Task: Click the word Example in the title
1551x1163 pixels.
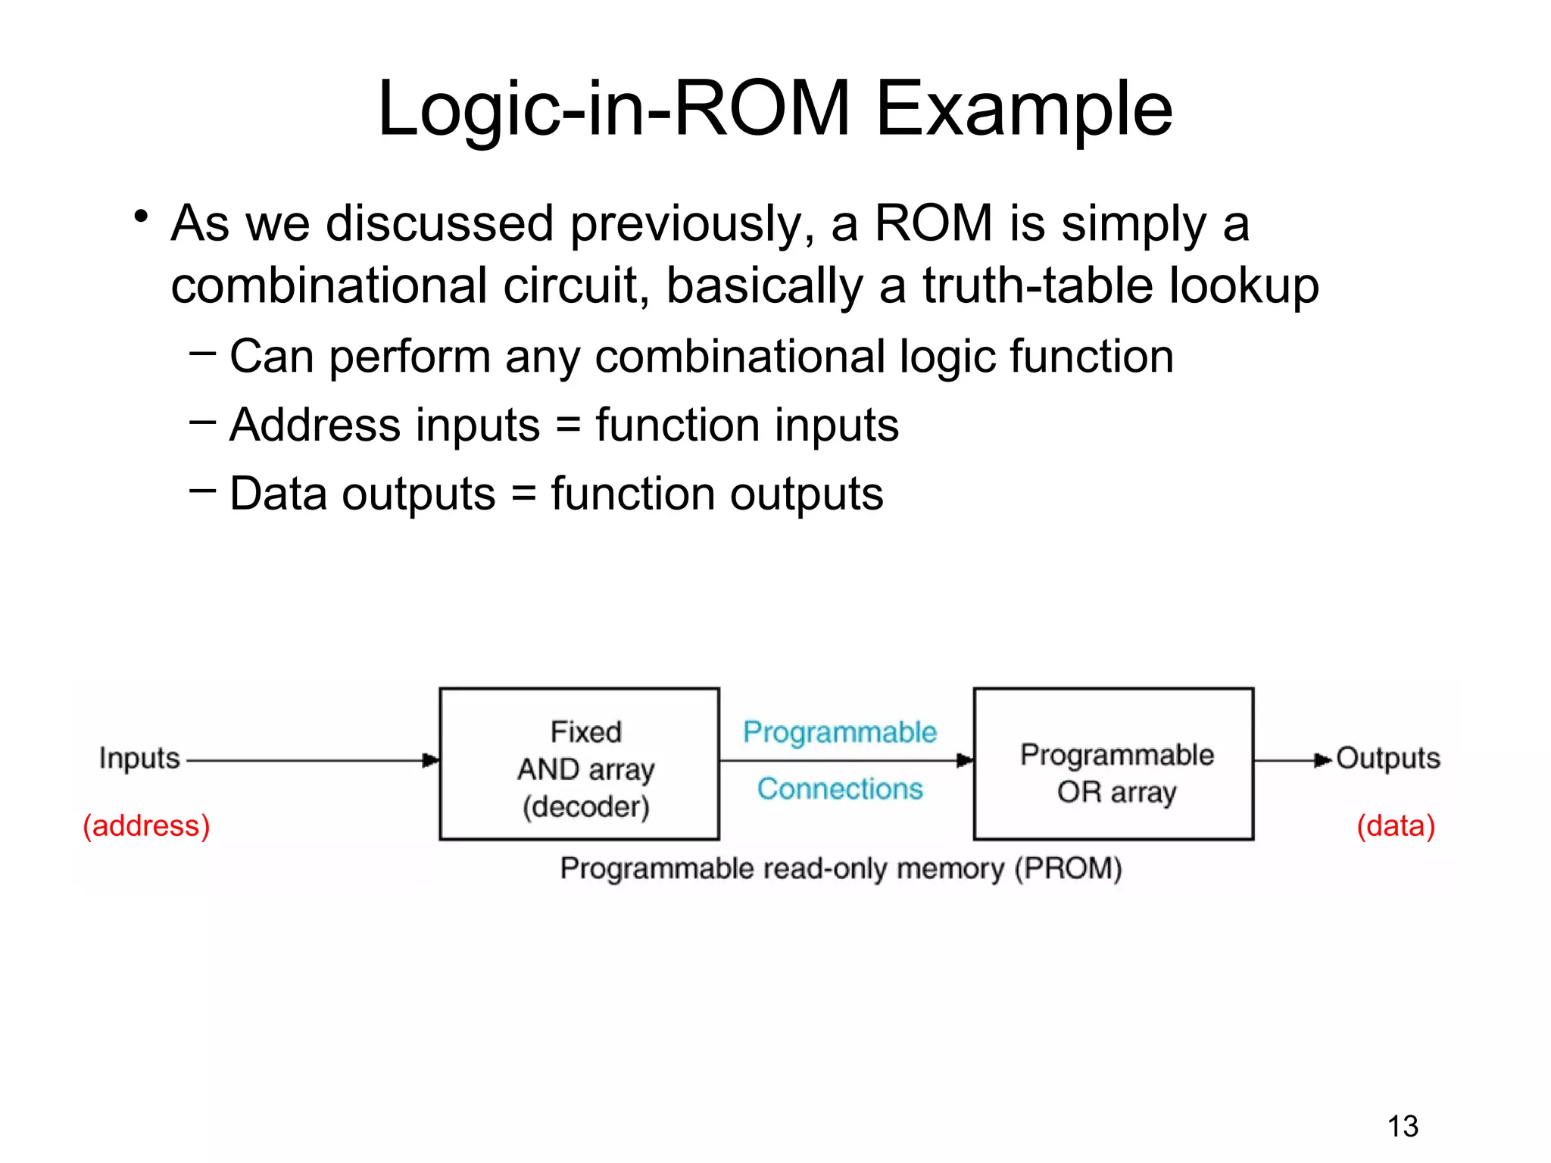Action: (x=1024, y=110)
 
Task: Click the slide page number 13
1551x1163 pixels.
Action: (x=1403, y=1126)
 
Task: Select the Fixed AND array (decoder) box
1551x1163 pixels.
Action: (x=579, y=763)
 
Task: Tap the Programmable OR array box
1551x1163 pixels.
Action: (x=1113, y=763)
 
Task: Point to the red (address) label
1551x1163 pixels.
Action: (x=146, y=825)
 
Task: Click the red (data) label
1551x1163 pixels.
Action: (x=1396, y=825)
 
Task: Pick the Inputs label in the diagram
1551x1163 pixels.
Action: (x=139, y=758)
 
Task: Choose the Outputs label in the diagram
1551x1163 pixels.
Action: (x=1388, y=758)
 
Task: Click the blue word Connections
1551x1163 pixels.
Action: (x=840, y=789)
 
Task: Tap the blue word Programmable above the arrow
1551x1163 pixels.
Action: (x=840, y=732)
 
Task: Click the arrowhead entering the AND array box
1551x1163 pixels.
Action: (x=431, y=760)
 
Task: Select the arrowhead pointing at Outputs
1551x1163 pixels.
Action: (x=1322, y=760)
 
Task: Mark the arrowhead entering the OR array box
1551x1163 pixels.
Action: (x=965, y=760)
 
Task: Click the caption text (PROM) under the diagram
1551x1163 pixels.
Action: (x=1068, y=868)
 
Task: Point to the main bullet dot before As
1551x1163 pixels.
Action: (x=140, y=217)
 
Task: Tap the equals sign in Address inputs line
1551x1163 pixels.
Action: (x=568, y=425)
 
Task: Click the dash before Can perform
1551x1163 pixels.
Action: (x=202, y=352)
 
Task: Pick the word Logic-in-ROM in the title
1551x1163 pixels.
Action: (x=613, y=110)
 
